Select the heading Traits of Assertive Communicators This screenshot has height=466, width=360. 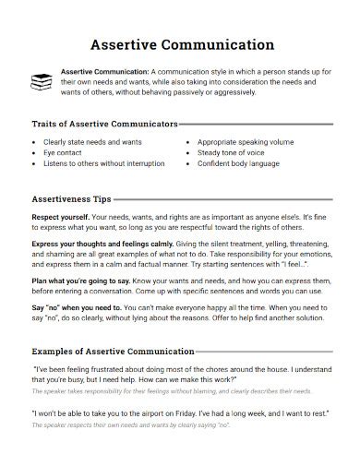coord(104,123)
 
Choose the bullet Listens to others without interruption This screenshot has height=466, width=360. coord(104,162)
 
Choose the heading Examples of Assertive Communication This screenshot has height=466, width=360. coord(113,351)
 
